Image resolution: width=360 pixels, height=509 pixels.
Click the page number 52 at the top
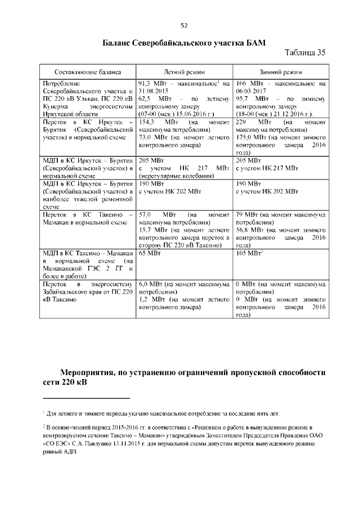[x=183, y=25]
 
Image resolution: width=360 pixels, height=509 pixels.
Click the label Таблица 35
[x=305, y=53]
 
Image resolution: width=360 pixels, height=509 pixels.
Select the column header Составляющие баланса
[x=87, y=73]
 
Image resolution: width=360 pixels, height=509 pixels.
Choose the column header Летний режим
[x=184, y=73]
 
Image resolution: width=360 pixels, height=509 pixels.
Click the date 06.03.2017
[x=250, y=91]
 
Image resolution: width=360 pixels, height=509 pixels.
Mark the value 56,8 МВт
[x=247, y=229]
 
